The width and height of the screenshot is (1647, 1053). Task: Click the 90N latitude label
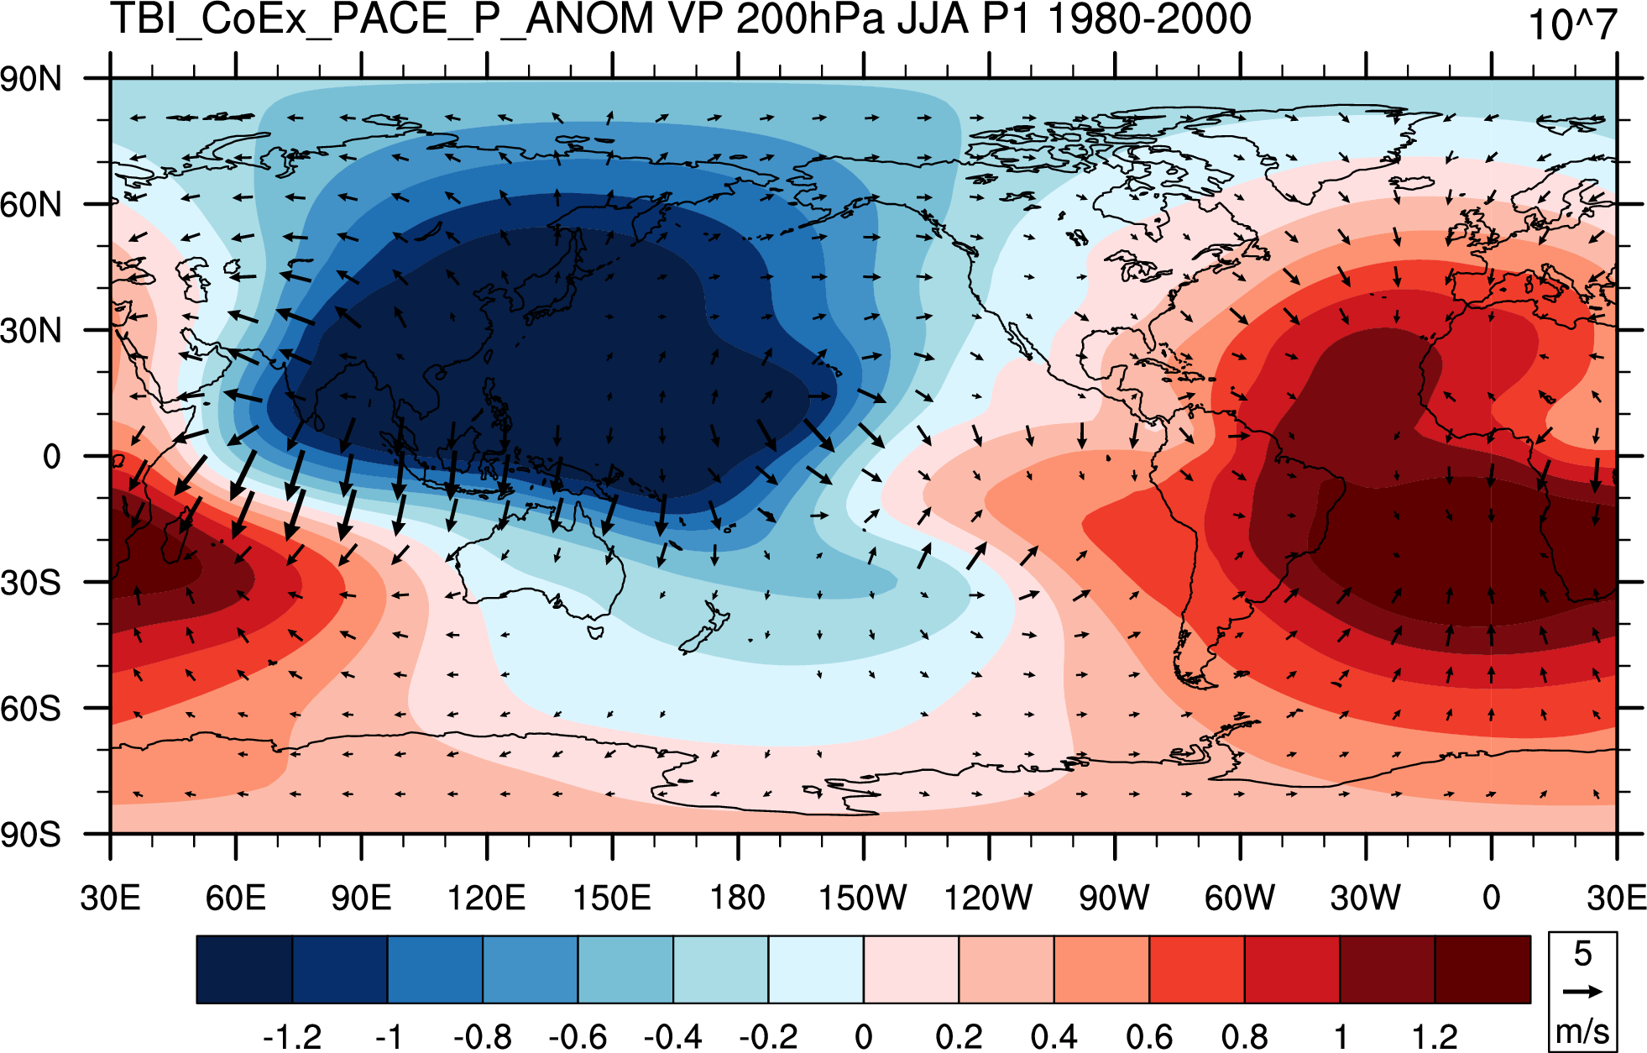[x=31, y=80]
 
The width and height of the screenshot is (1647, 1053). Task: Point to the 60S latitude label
[x=31, y=710]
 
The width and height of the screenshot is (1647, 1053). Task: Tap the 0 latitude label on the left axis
[x=52, y=457]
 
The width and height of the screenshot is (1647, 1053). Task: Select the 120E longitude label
[x=486, y=898]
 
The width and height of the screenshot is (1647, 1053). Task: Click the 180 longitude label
[x=738, y=898]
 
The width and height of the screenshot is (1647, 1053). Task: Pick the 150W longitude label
[x=863, y=898]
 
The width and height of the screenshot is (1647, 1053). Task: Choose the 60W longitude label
[x=1240, y=898]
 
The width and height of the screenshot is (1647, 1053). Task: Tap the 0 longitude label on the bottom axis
[x=1491, y=898]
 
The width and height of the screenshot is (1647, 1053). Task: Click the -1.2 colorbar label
[x=292, y=1037]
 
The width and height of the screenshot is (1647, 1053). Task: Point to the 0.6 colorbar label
[x=1149, y=1037]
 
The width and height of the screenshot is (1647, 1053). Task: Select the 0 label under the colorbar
[x=863, y=1037]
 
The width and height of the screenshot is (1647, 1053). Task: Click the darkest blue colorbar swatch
[x=244, y=970]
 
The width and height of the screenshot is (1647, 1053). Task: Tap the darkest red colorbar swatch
[x=1482, y=970]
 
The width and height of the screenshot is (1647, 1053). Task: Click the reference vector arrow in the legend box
[x=1582, y=992]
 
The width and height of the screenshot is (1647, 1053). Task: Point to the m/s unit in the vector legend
[x=1582, y=1030]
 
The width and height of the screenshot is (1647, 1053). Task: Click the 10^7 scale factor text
[x=1571, y=24]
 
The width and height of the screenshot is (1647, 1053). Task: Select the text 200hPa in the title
[x=810, y=19]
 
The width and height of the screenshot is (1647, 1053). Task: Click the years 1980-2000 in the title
[x=1150, y=18]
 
